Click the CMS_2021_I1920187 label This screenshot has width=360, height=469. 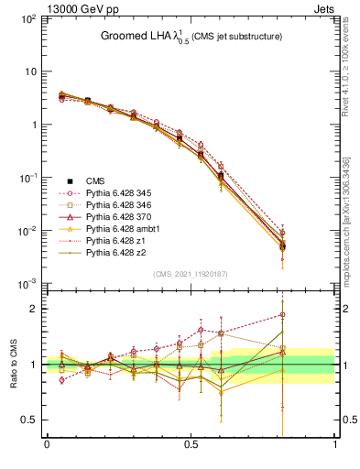[190, 273]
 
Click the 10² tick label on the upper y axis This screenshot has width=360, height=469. [28, 18]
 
